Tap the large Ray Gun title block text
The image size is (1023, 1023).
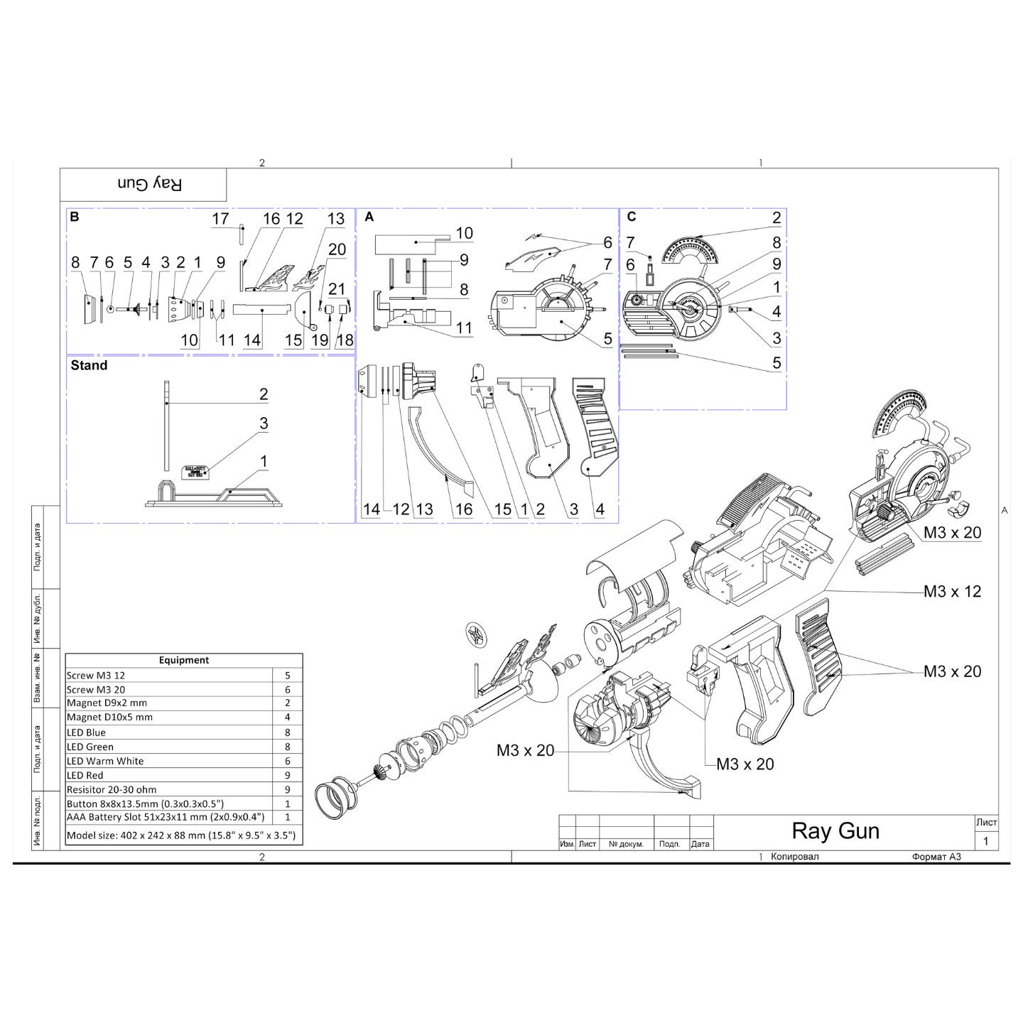tap(835, 830)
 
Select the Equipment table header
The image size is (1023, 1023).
tap(184, 660)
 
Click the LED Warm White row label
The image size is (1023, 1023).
tap(105, 761)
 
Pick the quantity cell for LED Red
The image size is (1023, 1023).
tap(288, 775)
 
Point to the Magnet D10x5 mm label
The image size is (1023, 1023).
tap(109, 718)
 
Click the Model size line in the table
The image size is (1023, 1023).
tap(181, 835)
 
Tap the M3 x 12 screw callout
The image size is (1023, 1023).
tap(952, 591)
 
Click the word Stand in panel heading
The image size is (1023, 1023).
tap(90, 366)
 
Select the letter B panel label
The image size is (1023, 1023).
tap(75, 217)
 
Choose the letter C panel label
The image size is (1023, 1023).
tap(632, 217)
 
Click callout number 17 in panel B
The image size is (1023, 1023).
tap(220, 219)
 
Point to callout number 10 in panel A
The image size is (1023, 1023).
tap(464, 233)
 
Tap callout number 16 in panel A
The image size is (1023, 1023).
tap(463, 509)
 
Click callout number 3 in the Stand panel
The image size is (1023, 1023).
tap(264, 424)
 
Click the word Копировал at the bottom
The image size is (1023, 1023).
tap(794, 857)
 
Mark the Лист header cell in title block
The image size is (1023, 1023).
tap(986, 822)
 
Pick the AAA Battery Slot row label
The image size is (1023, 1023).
tap(166, 818)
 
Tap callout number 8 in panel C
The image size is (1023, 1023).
tap(776, 242)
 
